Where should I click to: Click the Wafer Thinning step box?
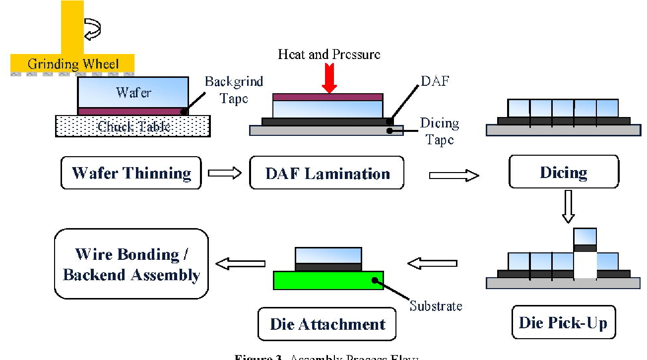[131, 173]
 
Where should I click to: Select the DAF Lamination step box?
[327, 173]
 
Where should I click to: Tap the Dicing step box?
[564, 172]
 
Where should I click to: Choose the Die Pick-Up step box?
[563, 323]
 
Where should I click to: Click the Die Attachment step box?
[327, 324]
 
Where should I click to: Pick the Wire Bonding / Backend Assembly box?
[131, 264]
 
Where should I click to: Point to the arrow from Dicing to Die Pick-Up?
[569, 206]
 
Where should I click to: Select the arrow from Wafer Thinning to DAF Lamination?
[225, 173]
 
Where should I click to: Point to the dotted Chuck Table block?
[132, 126]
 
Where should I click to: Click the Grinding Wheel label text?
[73, 64]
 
